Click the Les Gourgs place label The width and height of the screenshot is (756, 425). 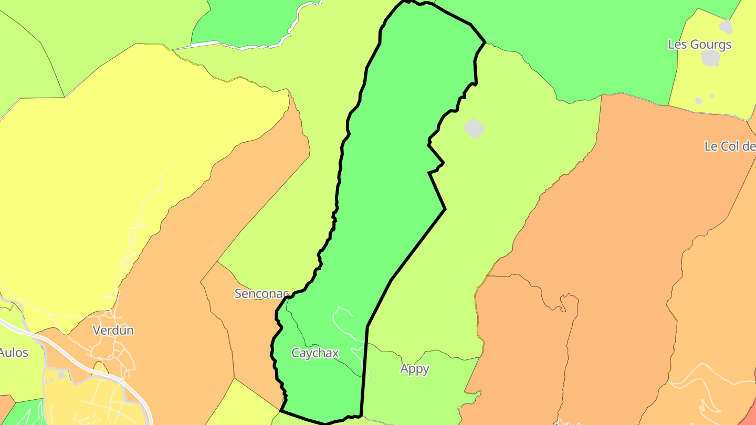point(699,45)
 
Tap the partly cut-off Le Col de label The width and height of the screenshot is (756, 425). point(730,146)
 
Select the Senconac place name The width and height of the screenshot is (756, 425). point(261,294)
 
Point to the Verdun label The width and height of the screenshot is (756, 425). point(113,331)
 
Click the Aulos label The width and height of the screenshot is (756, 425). point(14,353)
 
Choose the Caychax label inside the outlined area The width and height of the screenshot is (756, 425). point(315,353)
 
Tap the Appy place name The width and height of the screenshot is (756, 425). point(415,369)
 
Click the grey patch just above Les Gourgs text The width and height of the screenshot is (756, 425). point(726,26)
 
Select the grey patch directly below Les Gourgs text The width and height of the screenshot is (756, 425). point(710,58)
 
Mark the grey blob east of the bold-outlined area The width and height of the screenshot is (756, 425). point(474,128)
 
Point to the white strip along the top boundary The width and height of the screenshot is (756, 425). point(247,47)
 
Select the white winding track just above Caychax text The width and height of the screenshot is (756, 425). point(344,320)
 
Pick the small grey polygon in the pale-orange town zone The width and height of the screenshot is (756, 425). point(62,375)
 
